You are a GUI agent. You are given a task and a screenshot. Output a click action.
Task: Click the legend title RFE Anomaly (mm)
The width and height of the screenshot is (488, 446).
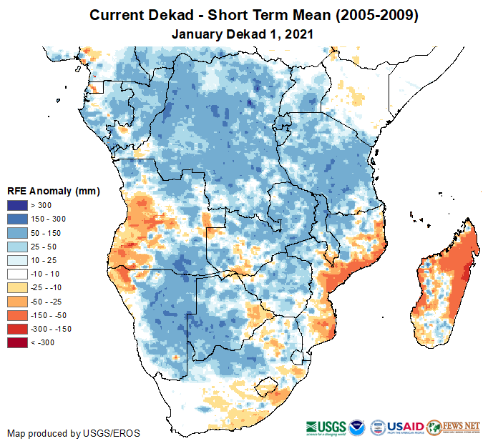pyautogui.click(x=54, y=192)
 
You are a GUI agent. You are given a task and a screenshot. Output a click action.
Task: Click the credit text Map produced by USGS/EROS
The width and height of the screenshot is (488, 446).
pyautogui.click(x=74, y=433)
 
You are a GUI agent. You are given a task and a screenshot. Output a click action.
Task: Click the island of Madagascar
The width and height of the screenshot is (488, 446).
pyautogui.click(x=445, y=279)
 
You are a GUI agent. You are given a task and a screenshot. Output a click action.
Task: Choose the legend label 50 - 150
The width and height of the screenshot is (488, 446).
pyautogui.click(x=51, y=233)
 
